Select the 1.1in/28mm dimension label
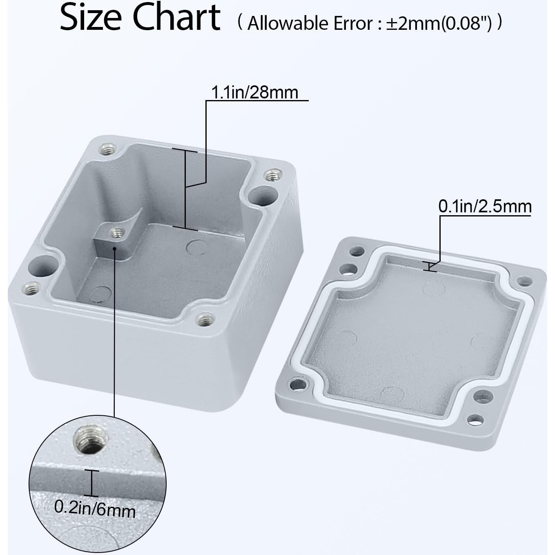(x=254, y=93)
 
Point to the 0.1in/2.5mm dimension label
(x=485, y=206)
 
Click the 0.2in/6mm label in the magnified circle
(x=95, y=509)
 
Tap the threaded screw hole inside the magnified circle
(x=91, y=440)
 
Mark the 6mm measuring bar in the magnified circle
(x=92, y=483)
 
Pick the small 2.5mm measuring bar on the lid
(x=429, y=266)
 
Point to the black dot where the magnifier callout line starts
(x=115, y=248)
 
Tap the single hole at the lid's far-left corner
(x=297, y=384)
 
